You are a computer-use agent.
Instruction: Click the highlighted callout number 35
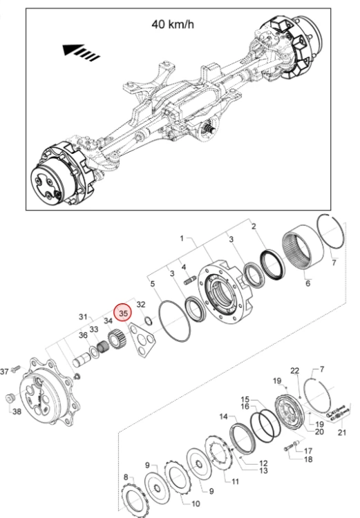[x=123, y=313]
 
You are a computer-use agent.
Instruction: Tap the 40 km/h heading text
[x=173, y=24]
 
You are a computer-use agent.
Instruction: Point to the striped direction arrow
[x=81, y=52]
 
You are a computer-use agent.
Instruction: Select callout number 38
[x=17, y=412]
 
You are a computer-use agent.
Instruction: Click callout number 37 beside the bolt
[x=4, y=372]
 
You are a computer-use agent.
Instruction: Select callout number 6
[x=307, y=283]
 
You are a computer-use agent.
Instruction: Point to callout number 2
[x=254, y=227]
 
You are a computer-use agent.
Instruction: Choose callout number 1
[x=182, y=238]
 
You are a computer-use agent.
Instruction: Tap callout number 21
[x=341, y=432]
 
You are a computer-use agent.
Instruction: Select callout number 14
[x=224, y=416]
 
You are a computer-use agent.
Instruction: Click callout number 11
[x=235, y=481]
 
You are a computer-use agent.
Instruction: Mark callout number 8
[x=126, y=477]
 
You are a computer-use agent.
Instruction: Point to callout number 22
[x=294, y=371]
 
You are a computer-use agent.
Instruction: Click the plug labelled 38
[x=10, y=398]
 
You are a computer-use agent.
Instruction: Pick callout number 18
[x=308, y=459]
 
